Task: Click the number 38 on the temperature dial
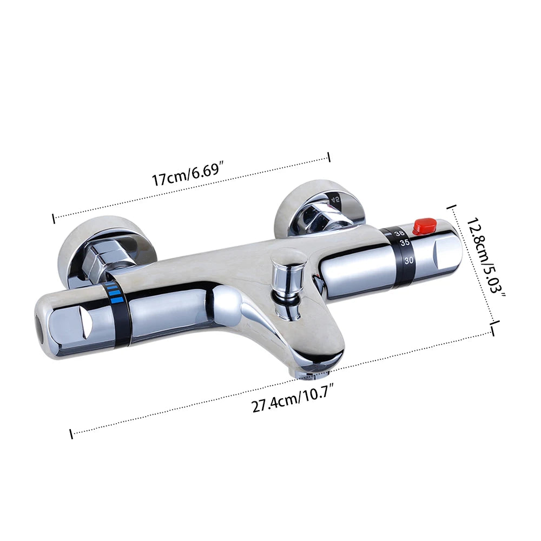[x=399, y=233]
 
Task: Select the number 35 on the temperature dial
[x=405, y=242]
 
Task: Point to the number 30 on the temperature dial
[x=409, y=260]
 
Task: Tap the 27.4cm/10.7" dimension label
[x=294, y=400]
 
